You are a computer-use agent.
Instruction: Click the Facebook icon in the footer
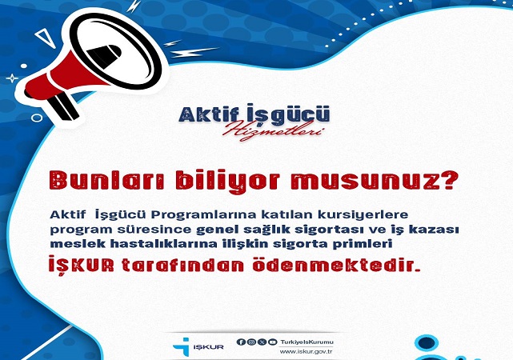pos(240,342)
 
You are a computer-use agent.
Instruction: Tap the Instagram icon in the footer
pos(251,342)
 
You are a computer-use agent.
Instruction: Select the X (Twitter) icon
pos(262,342)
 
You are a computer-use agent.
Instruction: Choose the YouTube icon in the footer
pos(272,342)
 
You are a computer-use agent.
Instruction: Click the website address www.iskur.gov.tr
pos(307,352)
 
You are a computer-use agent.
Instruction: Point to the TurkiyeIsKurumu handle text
pos(307,342)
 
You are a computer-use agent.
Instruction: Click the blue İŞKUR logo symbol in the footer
pos(182,346)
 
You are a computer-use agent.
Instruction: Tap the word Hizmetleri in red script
pos(273,130)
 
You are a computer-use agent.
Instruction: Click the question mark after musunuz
pos(447,179)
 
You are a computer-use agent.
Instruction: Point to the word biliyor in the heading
pos(228,181)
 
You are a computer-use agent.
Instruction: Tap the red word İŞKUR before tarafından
pos(82,265)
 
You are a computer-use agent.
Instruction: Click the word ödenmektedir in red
pos(336,265)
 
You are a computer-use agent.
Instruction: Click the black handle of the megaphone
pos(64,106)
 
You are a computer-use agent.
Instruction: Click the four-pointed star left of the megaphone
pos(12,78)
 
